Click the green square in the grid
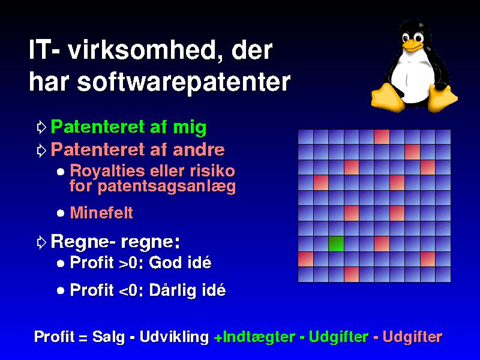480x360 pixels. (336, 244)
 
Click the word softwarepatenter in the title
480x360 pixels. (184, 82)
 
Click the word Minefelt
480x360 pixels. (101, 213)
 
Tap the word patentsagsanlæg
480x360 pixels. (167, 187)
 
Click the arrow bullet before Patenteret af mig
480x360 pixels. (41, 127)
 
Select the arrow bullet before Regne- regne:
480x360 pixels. (41, 242)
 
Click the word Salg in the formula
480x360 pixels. (109, 337)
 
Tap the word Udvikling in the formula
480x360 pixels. (174, 337)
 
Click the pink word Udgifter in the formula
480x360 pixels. (412, 337)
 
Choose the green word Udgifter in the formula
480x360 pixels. (338, 337)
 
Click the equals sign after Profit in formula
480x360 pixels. (83, 338)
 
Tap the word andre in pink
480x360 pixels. (199, 149)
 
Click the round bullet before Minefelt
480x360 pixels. (61, 213)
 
